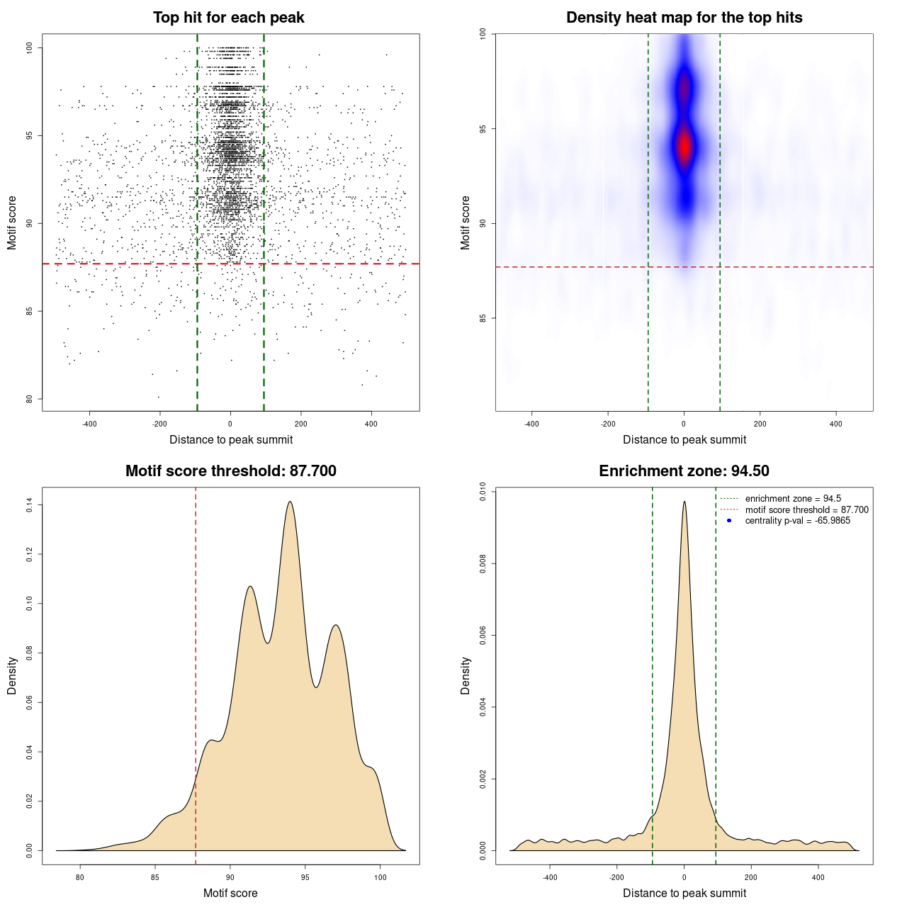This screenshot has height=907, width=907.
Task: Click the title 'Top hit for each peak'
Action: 228,18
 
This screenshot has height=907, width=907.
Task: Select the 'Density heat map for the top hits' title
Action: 684,18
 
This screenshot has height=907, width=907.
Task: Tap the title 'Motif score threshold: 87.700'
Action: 230,471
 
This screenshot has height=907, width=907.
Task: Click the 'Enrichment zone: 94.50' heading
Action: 684,471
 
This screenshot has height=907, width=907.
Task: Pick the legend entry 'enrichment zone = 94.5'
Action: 793,499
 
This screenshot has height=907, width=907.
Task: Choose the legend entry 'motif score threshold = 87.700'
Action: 806,510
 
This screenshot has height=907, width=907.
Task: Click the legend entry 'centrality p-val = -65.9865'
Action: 797,521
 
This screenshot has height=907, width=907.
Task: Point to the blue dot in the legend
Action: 729,521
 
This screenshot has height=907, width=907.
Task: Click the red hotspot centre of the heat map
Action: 684,145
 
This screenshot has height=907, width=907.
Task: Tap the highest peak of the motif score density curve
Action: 290,502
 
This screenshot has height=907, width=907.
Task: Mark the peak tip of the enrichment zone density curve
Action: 684,502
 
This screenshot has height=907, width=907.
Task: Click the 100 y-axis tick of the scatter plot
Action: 30,47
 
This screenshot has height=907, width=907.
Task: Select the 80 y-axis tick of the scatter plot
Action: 30,399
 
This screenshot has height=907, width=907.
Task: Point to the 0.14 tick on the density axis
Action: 30,505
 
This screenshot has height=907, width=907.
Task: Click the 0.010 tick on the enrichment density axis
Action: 483,492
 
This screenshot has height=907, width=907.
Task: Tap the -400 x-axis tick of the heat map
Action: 531,424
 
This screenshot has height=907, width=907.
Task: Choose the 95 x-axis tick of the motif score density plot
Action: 305,877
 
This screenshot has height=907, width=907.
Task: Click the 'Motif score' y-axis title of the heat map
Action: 466,222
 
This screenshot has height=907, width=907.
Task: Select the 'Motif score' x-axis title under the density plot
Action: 230,893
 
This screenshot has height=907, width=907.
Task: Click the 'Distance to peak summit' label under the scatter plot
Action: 231,439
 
